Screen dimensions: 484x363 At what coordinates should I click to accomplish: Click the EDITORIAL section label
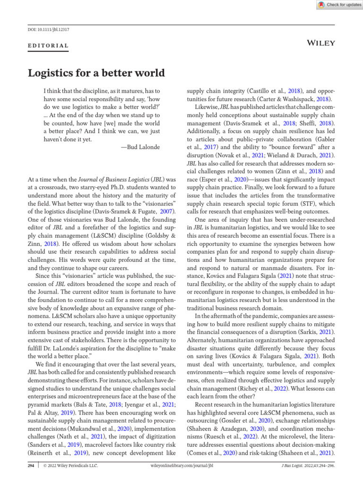pyautogui.click(x=49, y=46)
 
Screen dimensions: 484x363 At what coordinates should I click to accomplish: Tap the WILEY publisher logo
pyautogui.click(x=321, y=43)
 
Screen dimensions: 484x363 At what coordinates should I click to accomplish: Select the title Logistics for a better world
pyautogui.click(x=96, y=73)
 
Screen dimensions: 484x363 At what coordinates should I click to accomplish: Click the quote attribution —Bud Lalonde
pyautogui.click(x=140, y=147)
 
